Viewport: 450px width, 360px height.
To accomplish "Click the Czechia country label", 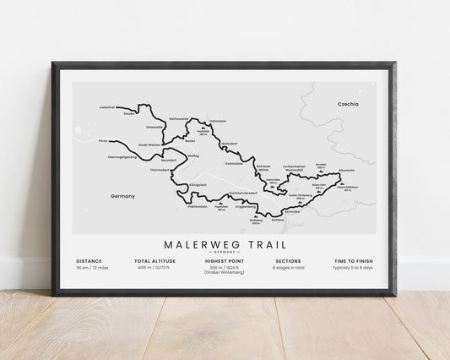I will click(348, 104).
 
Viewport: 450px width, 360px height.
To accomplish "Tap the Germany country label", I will click(122, 196).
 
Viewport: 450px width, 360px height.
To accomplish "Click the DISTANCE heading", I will click(89, 261).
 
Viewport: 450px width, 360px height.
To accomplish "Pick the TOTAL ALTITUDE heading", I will click(154, 261).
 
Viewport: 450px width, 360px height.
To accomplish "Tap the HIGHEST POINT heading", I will click(225, 261).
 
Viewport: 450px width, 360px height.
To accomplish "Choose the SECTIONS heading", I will click(288, 261).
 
